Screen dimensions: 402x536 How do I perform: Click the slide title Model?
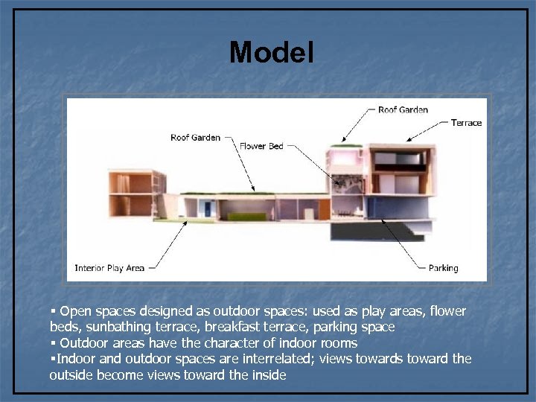tap(272, 53)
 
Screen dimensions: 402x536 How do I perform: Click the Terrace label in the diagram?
tap(466, 123)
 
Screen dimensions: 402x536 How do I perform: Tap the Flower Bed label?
tap(261, 146)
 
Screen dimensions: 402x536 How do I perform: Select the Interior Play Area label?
tap(109, 268)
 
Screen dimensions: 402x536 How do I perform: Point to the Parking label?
tap(444, 268)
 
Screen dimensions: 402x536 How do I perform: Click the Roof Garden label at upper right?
tap(403, 110)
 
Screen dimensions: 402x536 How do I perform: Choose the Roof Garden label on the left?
tap(195, 137)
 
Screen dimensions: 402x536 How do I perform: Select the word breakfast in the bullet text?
tap(234, 327)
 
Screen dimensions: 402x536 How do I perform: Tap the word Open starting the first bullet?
tap(74, 310)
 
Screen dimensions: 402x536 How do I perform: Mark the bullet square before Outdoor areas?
tap(54, 342)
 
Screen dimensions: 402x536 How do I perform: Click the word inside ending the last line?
tap(269, 375)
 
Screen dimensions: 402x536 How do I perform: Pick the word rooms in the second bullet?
tap(339, 343)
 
